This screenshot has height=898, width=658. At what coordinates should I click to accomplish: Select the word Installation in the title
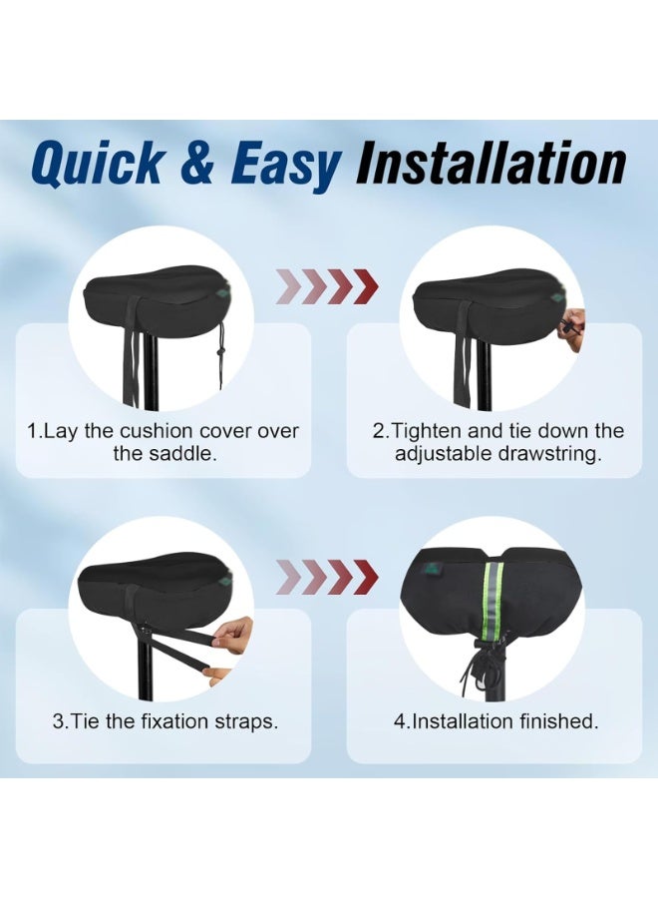click(491, 166)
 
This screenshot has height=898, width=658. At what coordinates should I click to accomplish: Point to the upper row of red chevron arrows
click(328, 286)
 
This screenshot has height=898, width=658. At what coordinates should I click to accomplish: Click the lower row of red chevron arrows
click(328, 575)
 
